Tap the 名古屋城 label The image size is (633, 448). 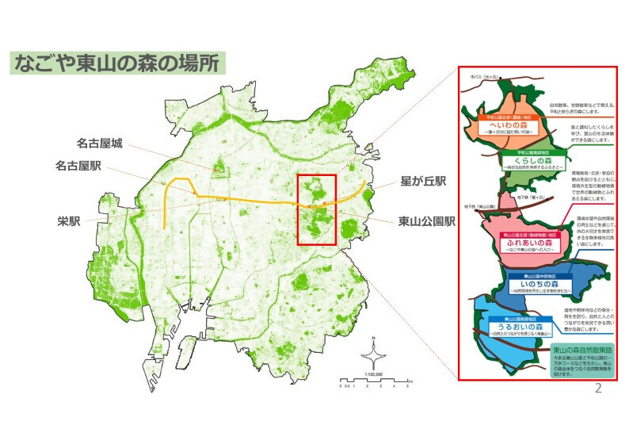click(99, 144)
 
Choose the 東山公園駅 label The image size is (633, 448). click(426, 221)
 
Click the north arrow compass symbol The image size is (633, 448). click(372, 352)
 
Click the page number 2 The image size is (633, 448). click(598, 388)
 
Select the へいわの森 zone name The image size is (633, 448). click(509, 126)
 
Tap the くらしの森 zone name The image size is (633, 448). click(531, 160)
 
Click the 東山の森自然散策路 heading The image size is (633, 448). click(583, 349)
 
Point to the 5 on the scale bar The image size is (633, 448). click(407, 385)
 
